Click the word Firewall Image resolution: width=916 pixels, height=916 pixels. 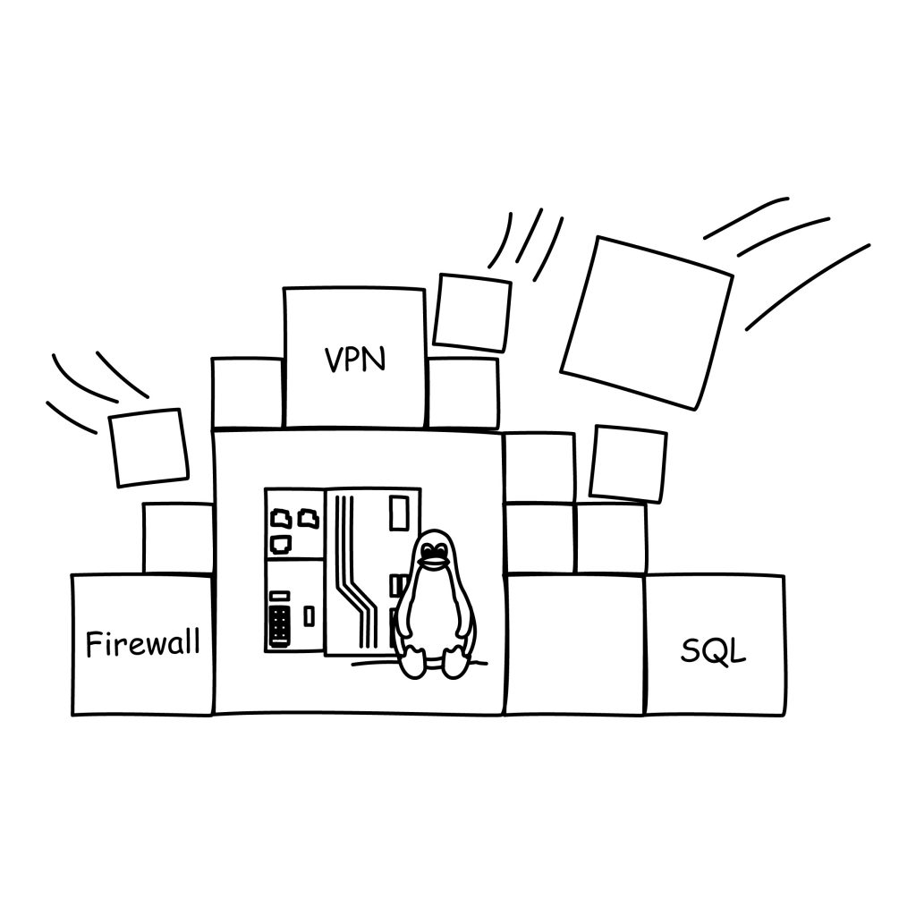(143, 643)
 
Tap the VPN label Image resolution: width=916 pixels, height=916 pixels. (355, 360)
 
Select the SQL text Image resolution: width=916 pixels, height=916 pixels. (713, 650)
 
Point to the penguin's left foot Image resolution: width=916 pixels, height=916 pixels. (413, 663)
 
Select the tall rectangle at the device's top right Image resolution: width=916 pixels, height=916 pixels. (399, 513)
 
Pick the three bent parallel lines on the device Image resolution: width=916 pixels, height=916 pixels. (353, 572)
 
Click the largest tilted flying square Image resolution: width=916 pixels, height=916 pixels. (646, 322)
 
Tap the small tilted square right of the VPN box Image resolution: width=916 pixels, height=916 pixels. (471, 312)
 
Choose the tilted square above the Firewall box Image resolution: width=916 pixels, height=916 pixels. (148, 447)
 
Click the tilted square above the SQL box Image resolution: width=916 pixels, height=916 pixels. (628, 463)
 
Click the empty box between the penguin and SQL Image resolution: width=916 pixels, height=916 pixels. (575, 644)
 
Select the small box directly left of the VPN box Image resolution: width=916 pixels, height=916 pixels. (247, 392)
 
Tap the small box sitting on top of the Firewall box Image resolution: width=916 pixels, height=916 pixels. (178, 537)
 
